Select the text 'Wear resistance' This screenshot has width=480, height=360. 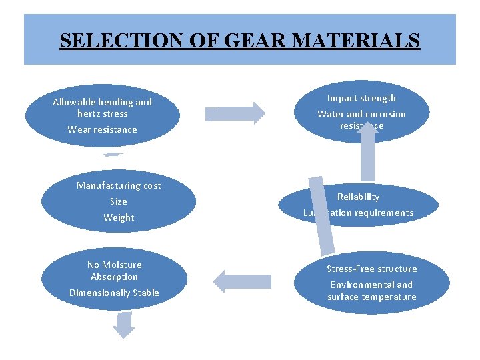pos(102,129)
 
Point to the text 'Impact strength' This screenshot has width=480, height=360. pos(361,98)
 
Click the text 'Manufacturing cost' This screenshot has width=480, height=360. pos(119,185)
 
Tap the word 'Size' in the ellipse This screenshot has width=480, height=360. pos(119,201)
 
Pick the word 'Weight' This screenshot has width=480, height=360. pos(119,217)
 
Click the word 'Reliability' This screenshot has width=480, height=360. pos(359,197)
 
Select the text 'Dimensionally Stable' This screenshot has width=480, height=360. pos(114,293)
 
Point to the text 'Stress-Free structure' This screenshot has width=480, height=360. pos(371,269)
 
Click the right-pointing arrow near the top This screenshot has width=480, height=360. pos(235,112)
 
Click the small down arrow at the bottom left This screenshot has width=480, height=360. pos(124,325)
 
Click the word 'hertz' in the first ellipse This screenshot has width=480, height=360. pos(91,113)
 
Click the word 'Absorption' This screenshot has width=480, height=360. pos(114,277)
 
